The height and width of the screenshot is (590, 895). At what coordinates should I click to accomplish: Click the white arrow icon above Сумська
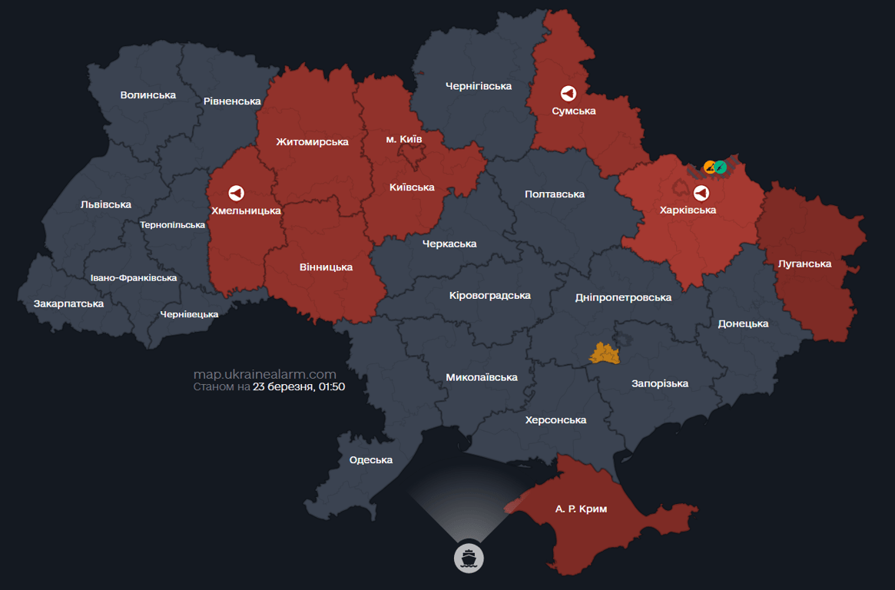coord(568,93)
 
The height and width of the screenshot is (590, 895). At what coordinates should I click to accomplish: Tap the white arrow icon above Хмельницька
coord(236,193)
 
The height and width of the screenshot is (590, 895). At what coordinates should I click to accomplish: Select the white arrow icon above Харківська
coord(701,192)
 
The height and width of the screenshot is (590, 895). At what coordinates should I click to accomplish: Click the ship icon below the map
coord(468,556)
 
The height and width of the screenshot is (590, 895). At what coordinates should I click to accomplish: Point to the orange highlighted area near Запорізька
coord(604,353)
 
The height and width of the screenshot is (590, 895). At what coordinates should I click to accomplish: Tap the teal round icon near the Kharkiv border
coord(721,167)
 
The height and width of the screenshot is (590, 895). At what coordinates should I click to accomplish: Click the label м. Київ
coord(403,139)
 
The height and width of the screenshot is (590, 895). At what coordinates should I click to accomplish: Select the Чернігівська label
coord(478,86)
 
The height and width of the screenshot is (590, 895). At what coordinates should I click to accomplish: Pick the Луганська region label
coord(804,264)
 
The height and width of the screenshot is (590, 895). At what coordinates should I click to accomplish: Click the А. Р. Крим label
coord(581,509)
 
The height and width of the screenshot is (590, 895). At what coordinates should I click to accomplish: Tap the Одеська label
coord(370,459)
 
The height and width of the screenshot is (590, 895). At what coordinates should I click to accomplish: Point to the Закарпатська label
coord(68,303)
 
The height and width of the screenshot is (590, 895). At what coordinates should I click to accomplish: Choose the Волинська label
coord(148,94)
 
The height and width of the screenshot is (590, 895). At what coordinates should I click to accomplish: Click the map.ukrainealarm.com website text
coord(265,374)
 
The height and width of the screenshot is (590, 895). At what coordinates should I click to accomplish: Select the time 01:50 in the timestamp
coord(331,387)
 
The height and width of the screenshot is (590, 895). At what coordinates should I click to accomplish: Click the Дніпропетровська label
coord(623,297)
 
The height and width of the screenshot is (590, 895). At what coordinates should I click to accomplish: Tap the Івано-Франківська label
coord(133,277)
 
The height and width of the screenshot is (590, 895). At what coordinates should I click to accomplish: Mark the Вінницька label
coord(326,267)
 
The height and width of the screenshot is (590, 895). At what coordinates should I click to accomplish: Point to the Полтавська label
coord(555,194)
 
